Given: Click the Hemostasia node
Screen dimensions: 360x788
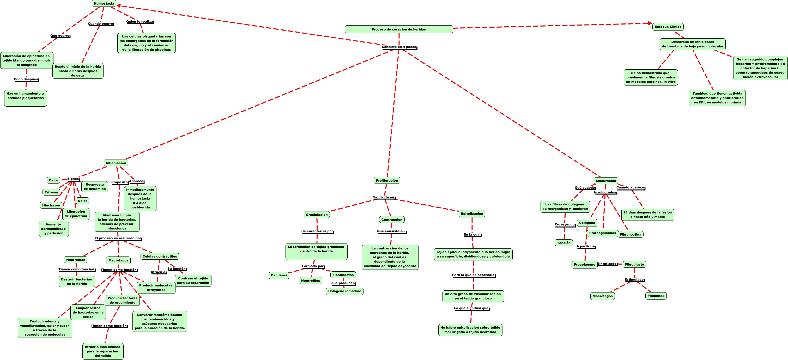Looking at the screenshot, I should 104,4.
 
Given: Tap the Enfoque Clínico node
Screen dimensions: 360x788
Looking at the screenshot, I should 668,27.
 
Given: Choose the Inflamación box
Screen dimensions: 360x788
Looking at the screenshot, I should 116,163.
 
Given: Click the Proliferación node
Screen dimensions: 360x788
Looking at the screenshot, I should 387,180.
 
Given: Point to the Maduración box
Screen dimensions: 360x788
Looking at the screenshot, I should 606,181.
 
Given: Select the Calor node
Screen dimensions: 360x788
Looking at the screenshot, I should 53,180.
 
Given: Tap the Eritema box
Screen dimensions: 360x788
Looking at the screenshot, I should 51,192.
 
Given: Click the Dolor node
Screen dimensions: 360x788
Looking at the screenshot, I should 82,201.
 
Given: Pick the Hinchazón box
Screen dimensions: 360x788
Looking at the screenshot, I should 51,205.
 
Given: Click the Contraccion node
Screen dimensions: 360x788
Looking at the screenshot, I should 392,219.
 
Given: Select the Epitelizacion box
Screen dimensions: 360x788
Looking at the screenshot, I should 472,213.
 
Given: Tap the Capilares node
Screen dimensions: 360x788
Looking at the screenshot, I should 279,275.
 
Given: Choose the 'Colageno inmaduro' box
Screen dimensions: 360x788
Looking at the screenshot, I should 344,291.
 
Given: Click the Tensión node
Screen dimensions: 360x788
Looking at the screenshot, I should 563,243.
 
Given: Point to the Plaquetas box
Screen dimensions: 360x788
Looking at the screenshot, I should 656,296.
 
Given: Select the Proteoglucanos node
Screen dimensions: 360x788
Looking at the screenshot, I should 602,233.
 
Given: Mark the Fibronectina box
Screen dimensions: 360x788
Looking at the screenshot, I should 631,235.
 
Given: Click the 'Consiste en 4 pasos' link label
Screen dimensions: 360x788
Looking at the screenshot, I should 399,47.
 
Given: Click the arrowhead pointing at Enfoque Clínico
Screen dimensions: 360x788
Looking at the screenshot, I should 650,23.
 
